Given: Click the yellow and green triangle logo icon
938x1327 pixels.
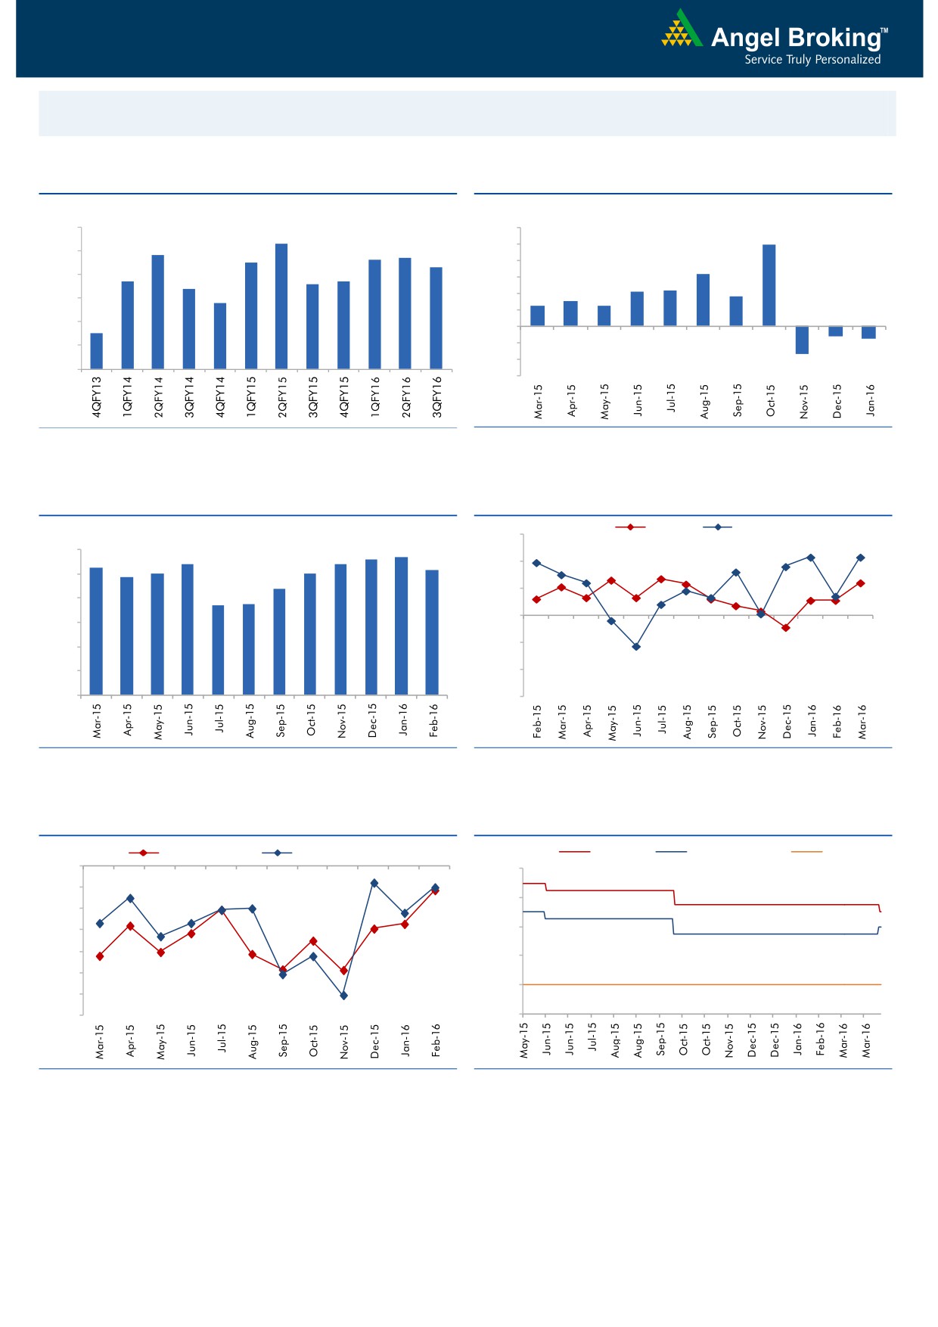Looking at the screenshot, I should pyautogui.click(x=682, y=30).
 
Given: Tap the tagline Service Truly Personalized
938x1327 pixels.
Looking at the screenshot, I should pyautogui.click(x=812, y=60).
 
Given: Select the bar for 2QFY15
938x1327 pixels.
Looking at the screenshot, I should pyautogui.click(x=281, y=306).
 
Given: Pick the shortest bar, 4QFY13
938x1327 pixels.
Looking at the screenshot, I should pyautogui.click(x=97, y=351).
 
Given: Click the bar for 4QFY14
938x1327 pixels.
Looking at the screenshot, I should pyautogui.click(x=220, y=336).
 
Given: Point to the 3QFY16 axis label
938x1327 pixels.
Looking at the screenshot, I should pyautogui.click(x=436, y=396).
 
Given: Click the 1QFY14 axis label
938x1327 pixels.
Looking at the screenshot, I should pyautogui.click(x=127, y=396).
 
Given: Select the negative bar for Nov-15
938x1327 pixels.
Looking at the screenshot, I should pyautogui.click(x=802, y=340).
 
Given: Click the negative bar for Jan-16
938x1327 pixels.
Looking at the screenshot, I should pyautogui.click(x=868, y=333).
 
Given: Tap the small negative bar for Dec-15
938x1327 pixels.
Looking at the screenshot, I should pyautogui.click(x=835, y=331).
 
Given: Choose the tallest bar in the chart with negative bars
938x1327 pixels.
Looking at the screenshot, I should pyautogui.click(x=769, y=285).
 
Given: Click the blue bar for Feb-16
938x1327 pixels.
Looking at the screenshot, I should pyautogui.click(x=432, y=632).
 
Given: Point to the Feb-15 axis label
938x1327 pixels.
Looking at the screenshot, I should pyautogui.click(x=537, y=721).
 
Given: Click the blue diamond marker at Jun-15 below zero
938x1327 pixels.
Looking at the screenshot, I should pyautogui.click(x=636, y=647).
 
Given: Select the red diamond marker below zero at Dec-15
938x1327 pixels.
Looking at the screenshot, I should pyautogui.click(x=786, y=628).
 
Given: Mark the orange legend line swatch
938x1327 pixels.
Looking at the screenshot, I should pyautogui.click(x=806, y=852).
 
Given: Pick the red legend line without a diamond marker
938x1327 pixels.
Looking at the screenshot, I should pyautogui.click(x=575, y=852).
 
